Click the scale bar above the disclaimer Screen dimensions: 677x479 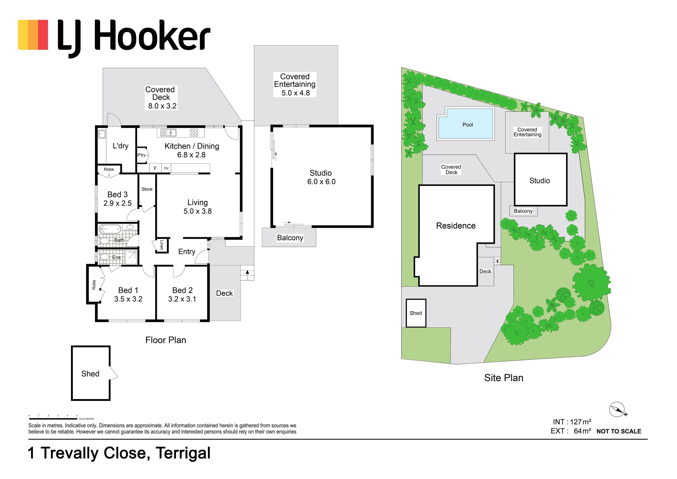pos(53,418)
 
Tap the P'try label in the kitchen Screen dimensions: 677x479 pos(141,155)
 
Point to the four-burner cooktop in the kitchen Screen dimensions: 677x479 pos(194,133)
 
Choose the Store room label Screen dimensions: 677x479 pos(147,189)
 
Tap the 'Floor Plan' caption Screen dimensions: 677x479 pos(166,340)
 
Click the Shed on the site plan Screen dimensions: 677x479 pos(416,313)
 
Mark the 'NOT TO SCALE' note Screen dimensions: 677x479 pos(619,431)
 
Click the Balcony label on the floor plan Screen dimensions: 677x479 pos(290,238)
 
